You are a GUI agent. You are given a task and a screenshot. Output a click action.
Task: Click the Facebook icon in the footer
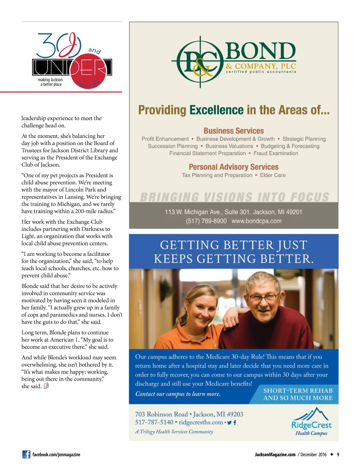pos(26,454)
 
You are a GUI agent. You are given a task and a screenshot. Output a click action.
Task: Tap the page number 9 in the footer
pos(338,455)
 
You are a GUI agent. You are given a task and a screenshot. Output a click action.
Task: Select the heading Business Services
pos(233,131)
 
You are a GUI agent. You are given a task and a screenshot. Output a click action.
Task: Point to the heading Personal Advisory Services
pos(233,167)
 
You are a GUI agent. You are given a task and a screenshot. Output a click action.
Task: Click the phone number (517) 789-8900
pos(206,221)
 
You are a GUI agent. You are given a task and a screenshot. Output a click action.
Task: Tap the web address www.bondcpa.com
pos(256,221)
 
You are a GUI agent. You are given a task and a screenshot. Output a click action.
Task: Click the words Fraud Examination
pos(276,153)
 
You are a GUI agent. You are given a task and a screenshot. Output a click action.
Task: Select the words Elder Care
pos(272,175)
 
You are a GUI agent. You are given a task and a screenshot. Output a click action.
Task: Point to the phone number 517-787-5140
pos(154,422)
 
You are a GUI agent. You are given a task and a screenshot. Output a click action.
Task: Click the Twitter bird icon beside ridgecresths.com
pos(229,423)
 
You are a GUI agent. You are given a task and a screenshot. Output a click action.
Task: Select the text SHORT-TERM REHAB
pos(298,391)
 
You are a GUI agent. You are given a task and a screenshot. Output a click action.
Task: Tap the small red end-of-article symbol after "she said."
pos(46,386)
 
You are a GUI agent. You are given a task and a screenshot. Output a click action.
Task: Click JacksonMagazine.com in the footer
pos(275,455)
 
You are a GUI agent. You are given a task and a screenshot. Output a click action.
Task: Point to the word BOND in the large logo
pos(260,51)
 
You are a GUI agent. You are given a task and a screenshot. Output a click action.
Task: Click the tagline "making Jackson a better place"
pos(50,82)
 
